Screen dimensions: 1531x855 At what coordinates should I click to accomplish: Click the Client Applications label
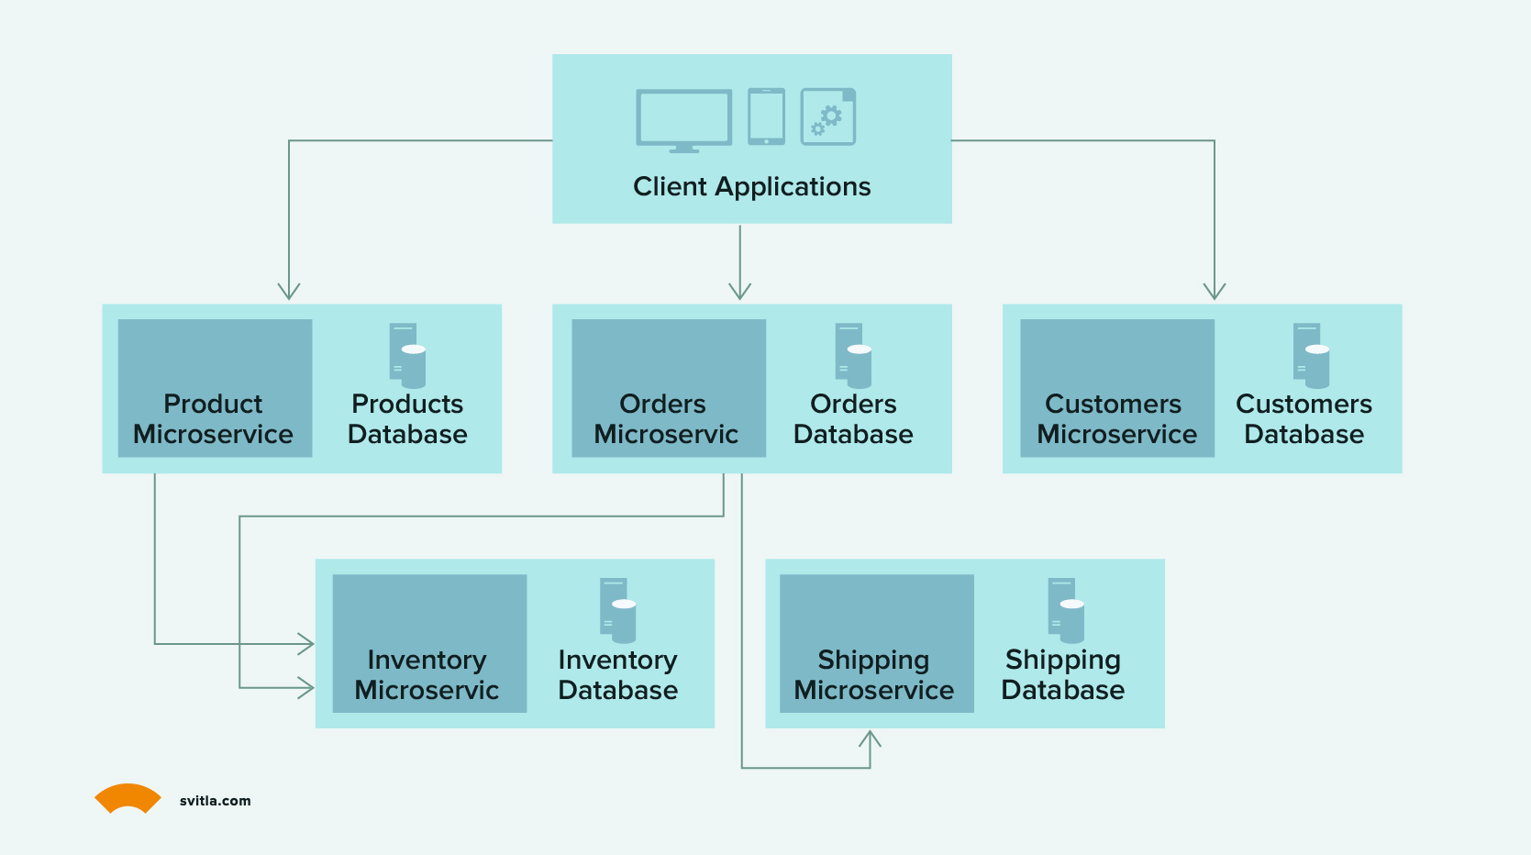(x=752, y=186)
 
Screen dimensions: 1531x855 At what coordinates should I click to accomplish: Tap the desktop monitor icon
(x=683, y=120)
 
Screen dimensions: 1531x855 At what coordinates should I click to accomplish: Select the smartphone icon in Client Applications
(x=766, y=117)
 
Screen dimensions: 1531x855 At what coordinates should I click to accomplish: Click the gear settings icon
(x=827, y=117)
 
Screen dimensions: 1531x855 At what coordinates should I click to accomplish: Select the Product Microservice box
(x=216, y=388)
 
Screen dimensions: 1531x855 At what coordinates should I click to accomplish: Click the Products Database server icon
(x=407, y=355)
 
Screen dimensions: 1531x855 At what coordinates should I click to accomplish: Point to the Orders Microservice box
(x=669, y=388)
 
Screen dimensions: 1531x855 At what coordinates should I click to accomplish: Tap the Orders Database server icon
(x=853, y=355)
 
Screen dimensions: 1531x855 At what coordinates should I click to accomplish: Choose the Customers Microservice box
(x=1117, y=388)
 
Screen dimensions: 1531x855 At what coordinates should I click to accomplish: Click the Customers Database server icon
(x=1311, y=355)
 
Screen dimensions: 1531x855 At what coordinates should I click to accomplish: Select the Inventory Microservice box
(x=430, y=643)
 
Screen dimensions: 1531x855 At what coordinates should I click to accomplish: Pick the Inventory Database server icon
(x=618, y=610)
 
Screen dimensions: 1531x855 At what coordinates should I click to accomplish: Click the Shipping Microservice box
(x=877, y=643)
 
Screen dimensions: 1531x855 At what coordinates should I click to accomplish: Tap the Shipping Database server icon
(x=1066, y=610)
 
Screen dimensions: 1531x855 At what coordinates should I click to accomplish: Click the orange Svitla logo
(x=128, y=797)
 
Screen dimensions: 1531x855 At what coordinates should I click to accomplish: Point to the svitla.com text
(x=216, y=801)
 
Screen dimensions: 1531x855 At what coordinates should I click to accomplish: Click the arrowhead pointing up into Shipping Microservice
(x=870, y=738)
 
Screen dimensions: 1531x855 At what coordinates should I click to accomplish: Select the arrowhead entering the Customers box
(x=1215, y=292)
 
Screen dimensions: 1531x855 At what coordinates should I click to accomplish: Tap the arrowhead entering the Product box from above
(x=289, y=292)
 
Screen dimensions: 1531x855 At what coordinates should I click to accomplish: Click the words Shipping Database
(x=1063, y=674)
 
